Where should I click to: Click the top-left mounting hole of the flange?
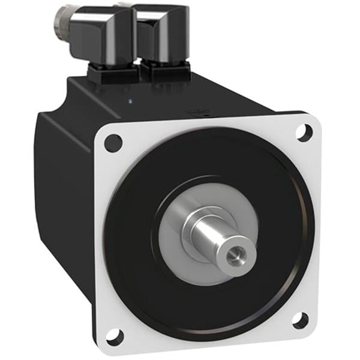pyautogui.click(x=113, y=143)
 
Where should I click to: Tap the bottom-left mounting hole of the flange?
pyautogui.click(x=114, y=337)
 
